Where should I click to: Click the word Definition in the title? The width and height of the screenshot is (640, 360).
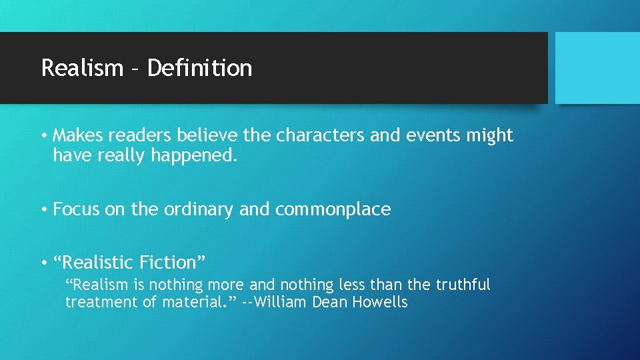(199, 68)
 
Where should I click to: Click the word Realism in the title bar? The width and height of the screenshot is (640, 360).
(82, 68)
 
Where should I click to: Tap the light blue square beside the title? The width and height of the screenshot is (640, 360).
(597, 67)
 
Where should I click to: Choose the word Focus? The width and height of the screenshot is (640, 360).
(77, 209)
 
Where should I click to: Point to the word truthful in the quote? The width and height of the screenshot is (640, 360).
(463, 285)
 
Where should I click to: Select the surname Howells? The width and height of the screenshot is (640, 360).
(379, 302)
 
